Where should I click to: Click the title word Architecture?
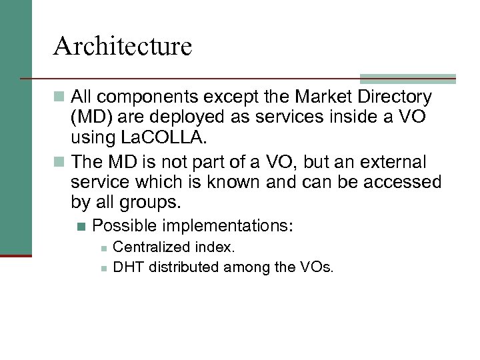coord(123,47)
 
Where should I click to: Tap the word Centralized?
coord(152,248)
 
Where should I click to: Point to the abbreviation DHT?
coord(129,267)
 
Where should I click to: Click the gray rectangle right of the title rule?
coord(407,78)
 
